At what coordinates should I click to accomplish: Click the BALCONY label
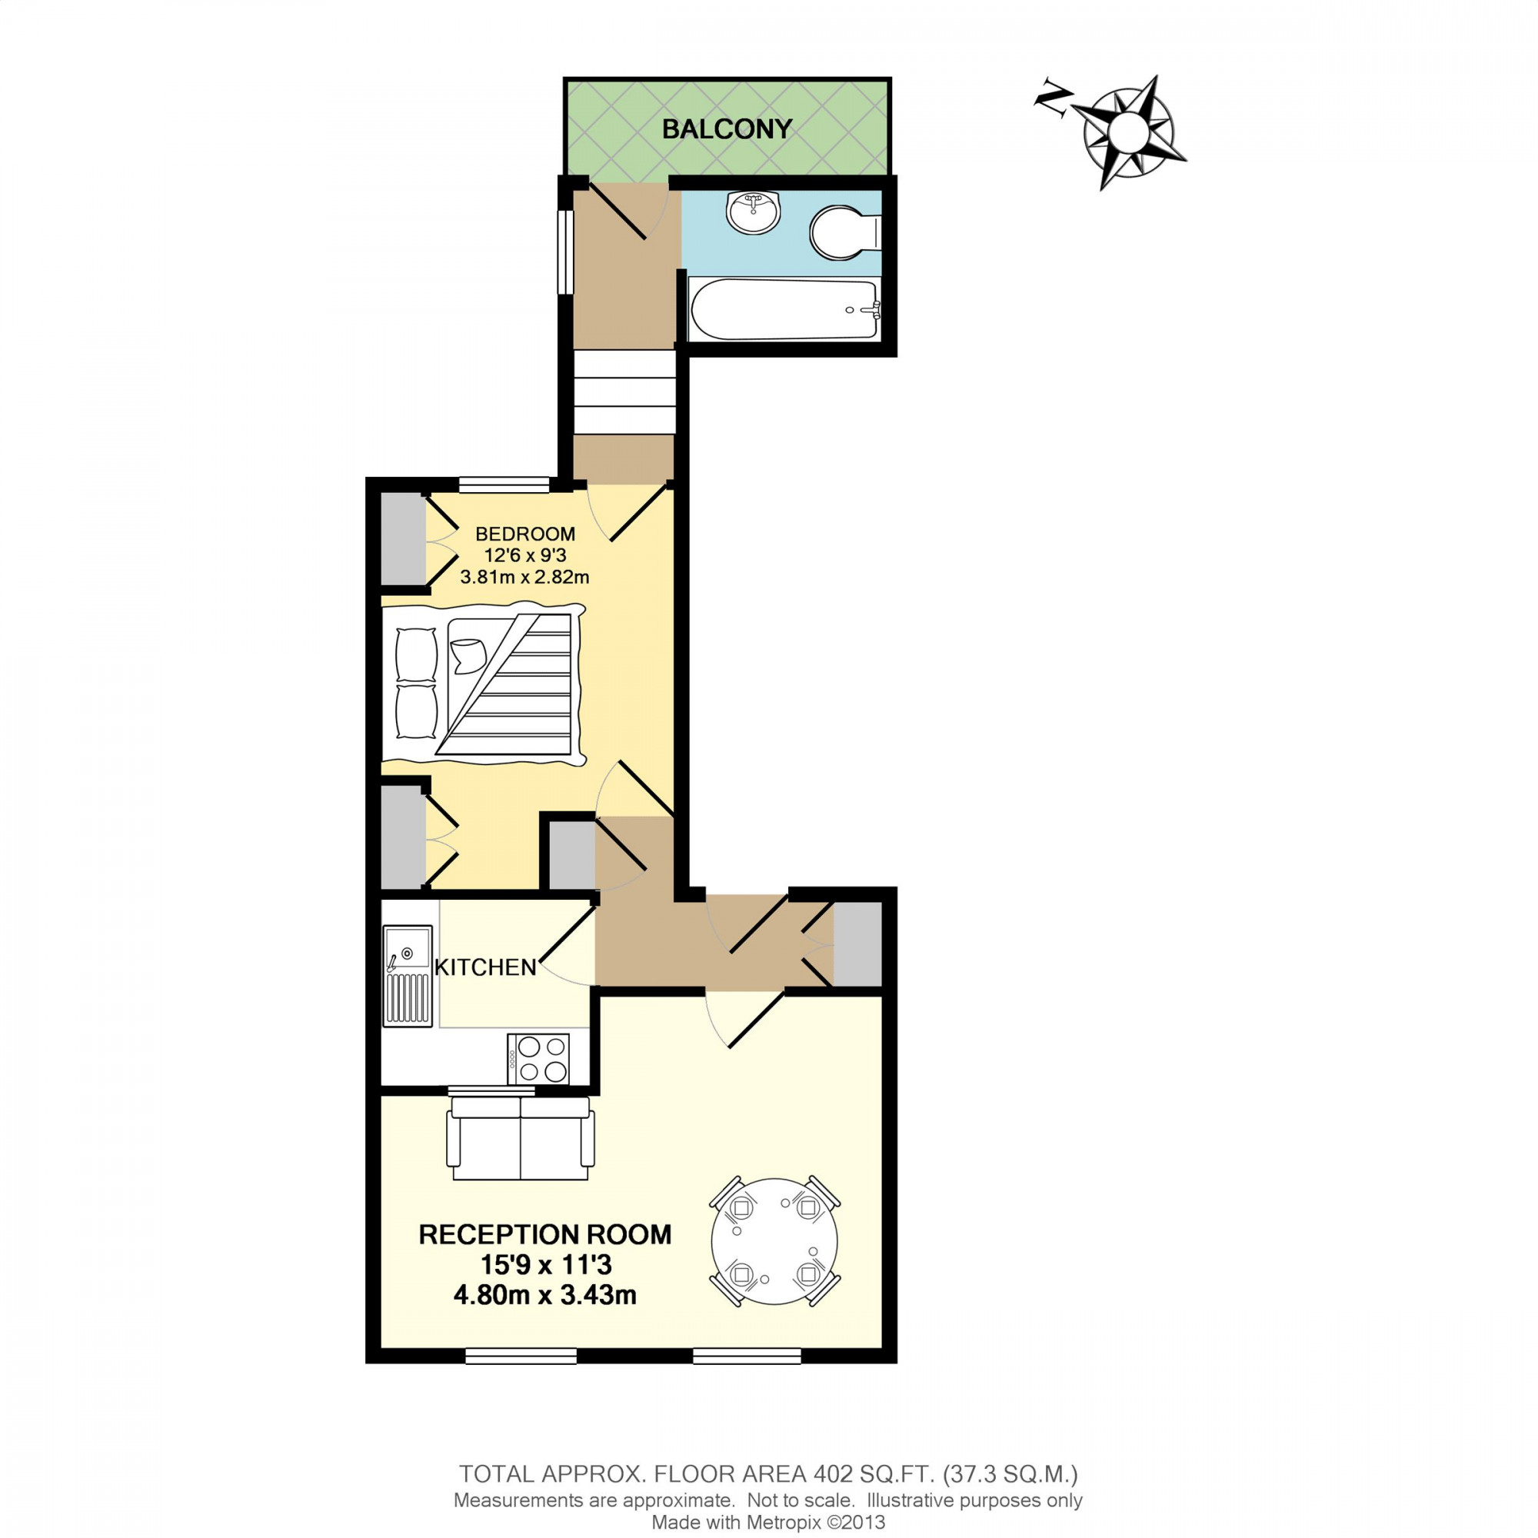727,129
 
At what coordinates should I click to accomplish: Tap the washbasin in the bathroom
753,211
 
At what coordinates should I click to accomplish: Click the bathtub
784,310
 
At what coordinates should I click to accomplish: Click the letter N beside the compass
1053,100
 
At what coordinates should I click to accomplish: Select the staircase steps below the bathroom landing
625,393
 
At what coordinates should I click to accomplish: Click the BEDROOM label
524,534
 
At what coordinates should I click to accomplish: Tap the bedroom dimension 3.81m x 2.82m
524,576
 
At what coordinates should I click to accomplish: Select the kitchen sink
408,974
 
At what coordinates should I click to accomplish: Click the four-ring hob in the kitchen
538,1059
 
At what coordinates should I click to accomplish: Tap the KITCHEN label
485,967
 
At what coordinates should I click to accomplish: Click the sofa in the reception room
521,1138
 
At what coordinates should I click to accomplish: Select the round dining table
774,1241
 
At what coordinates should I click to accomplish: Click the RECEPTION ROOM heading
544,1234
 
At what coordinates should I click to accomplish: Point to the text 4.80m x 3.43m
544,1295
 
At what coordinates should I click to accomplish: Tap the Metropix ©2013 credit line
768,1523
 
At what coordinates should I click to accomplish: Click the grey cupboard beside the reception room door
857,945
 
